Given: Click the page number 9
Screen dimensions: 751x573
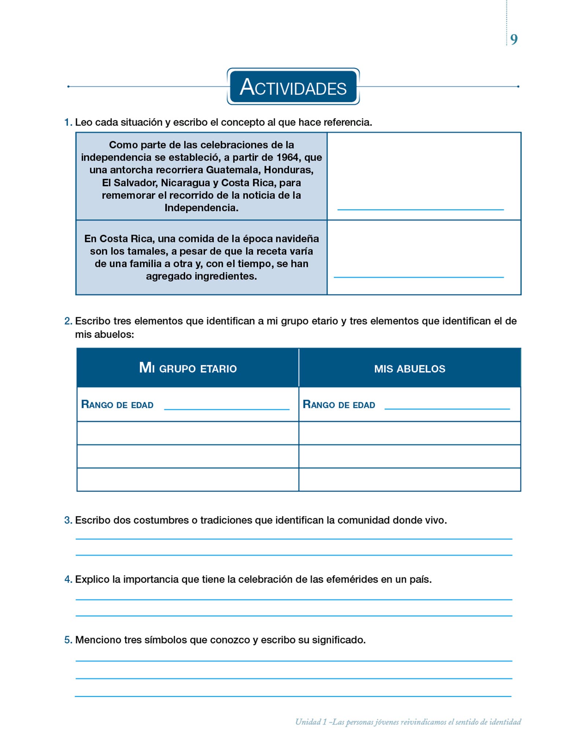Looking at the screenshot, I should point(514,40).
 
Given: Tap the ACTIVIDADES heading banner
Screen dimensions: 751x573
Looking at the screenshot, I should point(293,87).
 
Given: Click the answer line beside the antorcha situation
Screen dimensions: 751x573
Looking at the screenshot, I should point(420,209).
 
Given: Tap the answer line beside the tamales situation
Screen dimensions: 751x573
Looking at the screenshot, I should point(418,276).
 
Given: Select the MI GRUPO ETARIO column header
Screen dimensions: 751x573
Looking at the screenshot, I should point(188,368).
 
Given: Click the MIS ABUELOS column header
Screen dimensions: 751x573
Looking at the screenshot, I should point(410,369).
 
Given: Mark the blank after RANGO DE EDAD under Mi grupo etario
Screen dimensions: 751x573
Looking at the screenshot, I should point(226,408).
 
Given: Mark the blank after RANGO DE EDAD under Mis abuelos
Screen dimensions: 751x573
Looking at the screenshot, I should point(447,408).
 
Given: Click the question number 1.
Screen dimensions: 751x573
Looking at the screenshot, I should point(67,122).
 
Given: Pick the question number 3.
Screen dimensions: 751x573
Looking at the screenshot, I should point(67,520).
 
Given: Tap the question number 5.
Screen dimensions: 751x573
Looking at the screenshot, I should point(67,640).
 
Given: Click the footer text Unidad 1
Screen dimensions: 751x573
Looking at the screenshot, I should point(311,722).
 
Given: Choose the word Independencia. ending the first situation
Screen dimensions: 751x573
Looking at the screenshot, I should point(201,208).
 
